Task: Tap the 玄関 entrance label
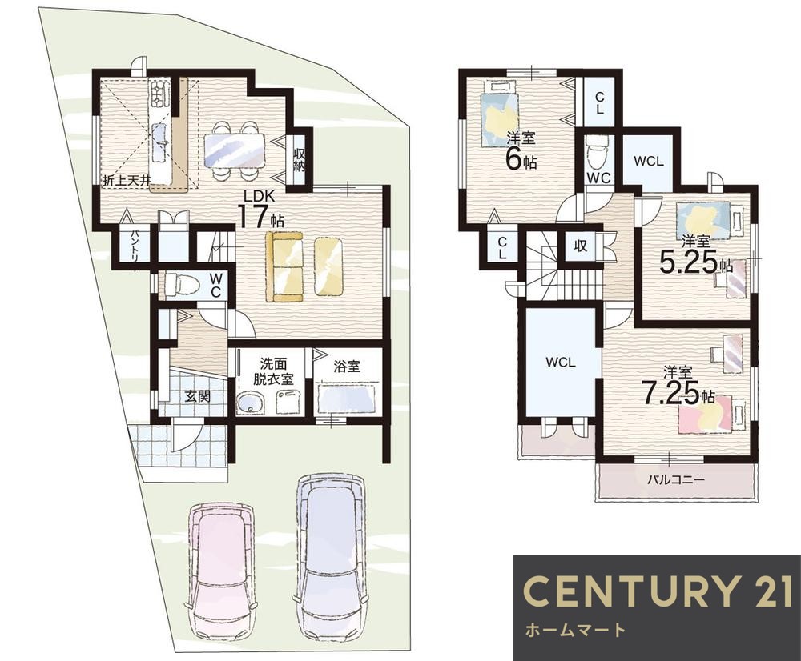197,395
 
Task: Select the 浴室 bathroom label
347,366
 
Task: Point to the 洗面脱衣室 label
273,371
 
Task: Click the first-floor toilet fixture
179,284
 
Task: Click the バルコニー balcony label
676,480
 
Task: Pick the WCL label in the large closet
561,363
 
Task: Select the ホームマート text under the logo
575,630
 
